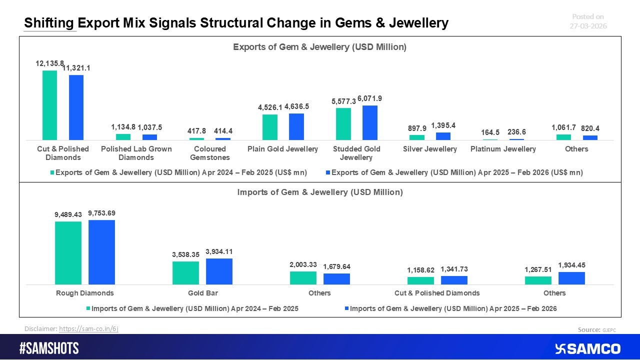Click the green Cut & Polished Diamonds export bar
[49, 105]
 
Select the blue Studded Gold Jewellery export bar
[370, 122]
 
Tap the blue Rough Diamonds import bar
[101, 252]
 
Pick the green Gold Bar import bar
[185, 273]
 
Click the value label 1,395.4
[443, 124]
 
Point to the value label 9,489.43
[68, 214]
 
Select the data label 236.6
[516, 132]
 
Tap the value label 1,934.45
[571, 264]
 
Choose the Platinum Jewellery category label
[503, 149]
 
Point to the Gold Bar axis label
[202, 293]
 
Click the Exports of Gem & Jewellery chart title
[320, 47]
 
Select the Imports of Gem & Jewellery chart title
[320, 192]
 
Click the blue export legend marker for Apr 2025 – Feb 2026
[327, 172]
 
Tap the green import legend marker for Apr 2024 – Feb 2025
[87, 309]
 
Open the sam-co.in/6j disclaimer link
[88, 328]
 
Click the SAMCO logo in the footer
[587, 348]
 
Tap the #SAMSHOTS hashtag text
[49, 348]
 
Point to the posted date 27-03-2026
[588, 26]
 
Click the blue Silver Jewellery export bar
[443, 136]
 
